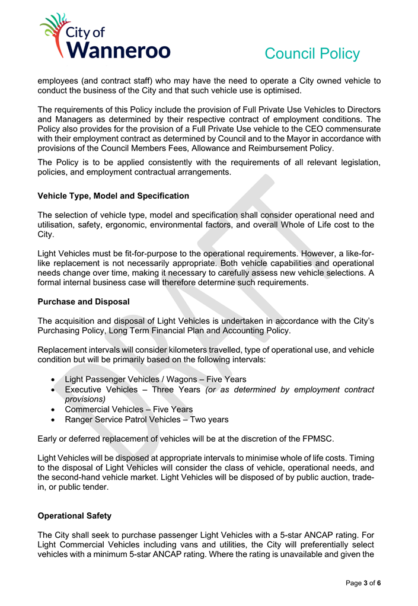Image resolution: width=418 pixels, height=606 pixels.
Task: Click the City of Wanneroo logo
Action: (105, 37)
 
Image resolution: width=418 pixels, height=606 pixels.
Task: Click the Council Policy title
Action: (312, 54)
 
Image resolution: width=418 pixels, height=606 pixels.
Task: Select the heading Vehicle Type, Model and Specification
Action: (113, 196)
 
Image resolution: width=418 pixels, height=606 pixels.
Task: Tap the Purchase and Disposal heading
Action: (84, 302)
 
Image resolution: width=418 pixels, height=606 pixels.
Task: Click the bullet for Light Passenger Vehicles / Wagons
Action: (54, 379)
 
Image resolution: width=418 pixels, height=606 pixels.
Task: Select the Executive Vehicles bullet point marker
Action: (54, 390)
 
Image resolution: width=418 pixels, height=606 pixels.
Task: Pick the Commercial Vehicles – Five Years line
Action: (129, 410)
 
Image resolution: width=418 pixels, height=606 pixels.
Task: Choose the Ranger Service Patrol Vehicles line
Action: (146, 420)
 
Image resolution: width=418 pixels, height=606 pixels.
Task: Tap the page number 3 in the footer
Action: (365, 583)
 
